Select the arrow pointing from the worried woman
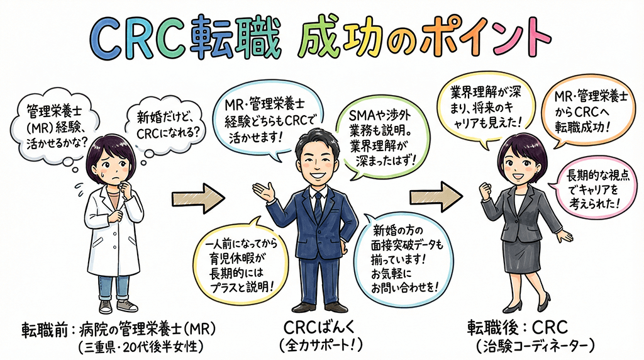coord(198,200)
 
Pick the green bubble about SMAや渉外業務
coord(379,137)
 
